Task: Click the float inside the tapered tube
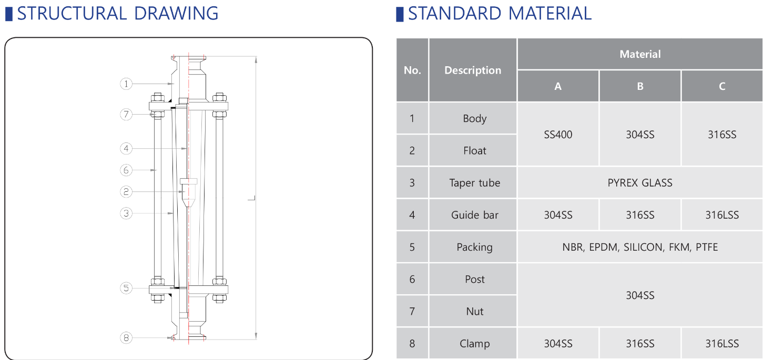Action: click(x=188, y=192)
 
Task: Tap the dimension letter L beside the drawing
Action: click(x=251, y=198)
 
